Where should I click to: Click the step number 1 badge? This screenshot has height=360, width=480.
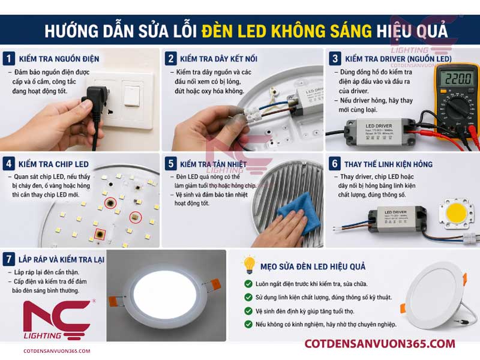(x=9, y=59)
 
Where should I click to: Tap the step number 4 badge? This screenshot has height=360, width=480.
(x=9, y=163)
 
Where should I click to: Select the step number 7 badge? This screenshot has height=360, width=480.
(x=9, y=259)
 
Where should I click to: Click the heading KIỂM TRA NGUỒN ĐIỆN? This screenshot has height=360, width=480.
(x=59, y=59)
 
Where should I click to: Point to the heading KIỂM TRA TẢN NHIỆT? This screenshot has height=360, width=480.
(x=224, y=164)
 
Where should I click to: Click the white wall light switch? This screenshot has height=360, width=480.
(x=133, y=94)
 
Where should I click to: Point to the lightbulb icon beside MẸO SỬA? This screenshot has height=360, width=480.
(x=248, y=265)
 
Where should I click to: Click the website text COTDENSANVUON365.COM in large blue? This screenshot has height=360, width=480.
(x=380, y=343)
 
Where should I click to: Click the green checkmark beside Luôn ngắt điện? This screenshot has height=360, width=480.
(x=248, y=283)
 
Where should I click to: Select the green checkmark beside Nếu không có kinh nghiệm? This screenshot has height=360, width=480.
(x=248, y=324)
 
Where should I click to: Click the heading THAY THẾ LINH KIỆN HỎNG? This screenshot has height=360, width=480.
(x=388, y=164)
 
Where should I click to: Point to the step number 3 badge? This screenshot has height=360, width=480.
(x=335, y=59)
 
